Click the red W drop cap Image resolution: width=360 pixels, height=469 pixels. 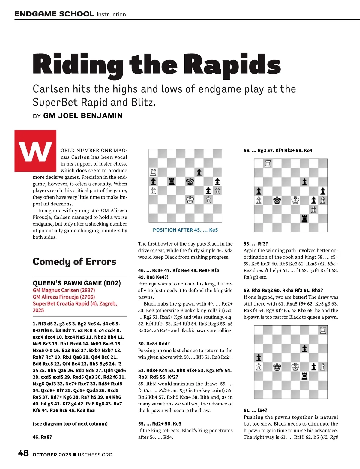(x=35, y=151)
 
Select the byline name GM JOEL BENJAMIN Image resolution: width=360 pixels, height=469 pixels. (x=83, y=116)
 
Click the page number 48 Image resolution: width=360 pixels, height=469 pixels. (x=23, y=453)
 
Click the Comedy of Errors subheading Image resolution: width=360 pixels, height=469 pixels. (x=74, y=261)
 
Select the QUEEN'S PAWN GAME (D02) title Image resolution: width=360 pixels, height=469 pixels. (x=77, y=283)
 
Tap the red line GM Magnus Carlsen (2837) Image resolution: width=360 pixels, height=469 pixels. (x=64, y=290)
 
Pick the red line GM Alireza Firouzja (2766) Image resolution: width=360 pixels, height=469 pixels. (x=64, y=297)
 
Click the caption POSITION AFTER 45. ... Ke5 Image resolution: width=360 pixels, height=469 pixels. (x=185, y=230)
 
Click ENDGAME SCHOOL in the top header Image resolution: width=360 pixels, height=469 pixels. (x=54, y=14)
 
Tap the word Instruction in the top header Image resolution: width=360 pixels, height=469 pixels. (x=111, y=14)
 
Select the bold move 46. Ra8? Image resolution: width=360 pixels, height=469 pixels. (x=42, y=437)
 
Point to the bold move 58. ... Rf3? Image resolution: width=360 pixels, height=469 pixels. (x=256, y=244)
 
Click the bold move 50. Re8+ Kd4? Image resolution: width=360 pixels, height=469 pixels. (x=154, y=344)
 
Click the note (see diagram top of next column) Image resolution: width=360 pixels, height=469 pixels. (x=70, y=424)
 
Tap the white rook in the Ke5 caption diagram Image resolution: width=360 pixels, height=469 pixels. (x=153, y=172)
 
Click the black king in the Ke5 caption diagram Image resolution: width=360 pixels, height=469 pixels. (x=190, y=181)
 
